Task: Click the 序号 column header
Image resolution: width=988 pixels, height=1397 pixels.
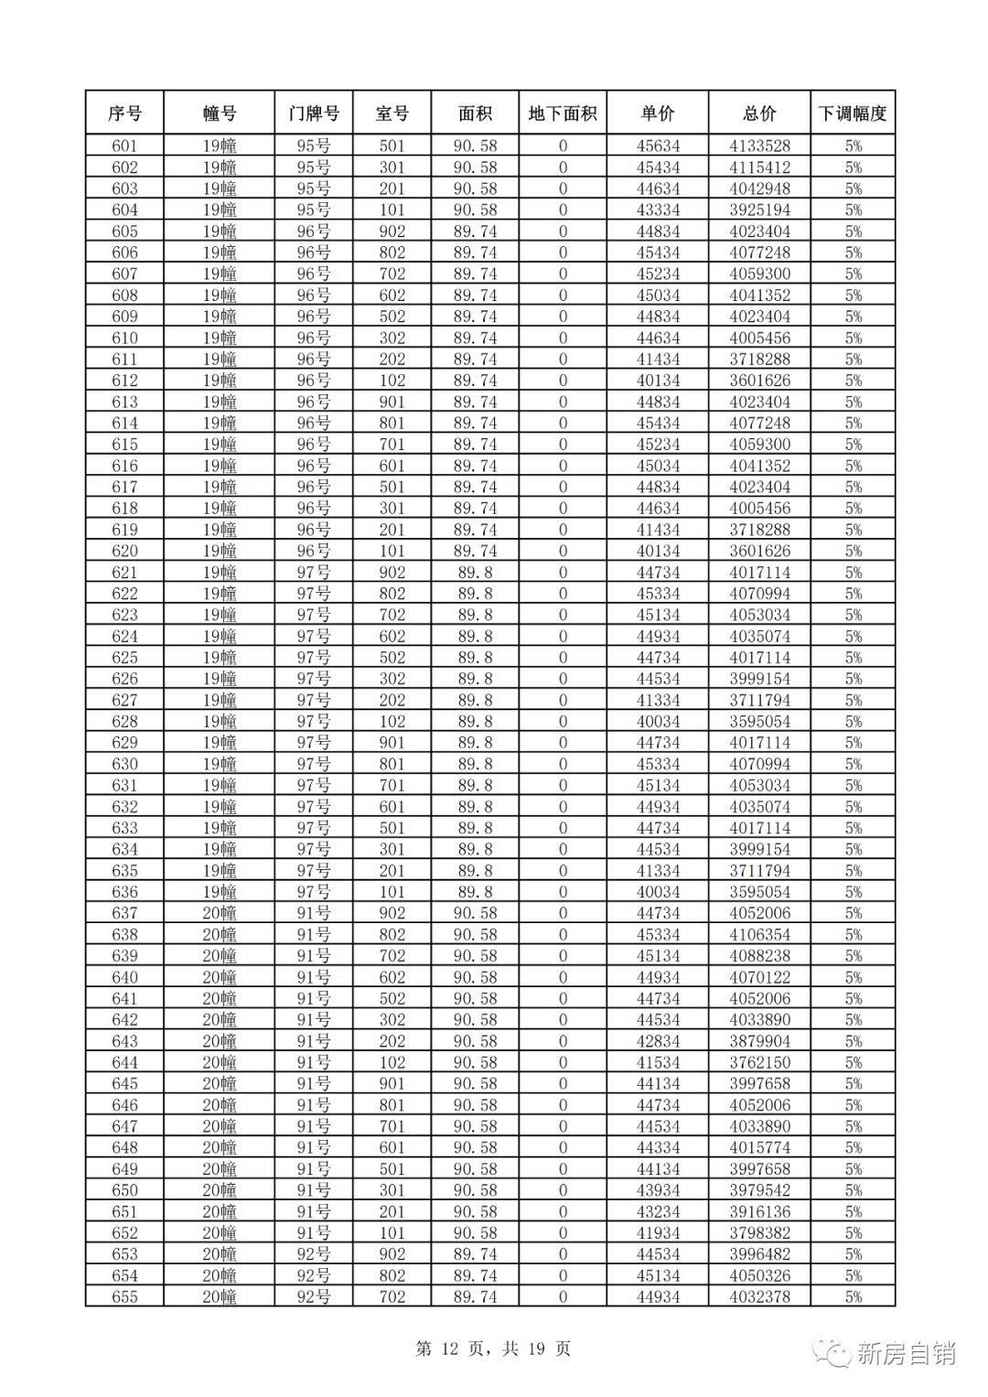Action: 124,113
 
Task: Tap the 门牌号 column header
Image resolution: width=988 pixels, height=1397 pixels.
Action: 313,113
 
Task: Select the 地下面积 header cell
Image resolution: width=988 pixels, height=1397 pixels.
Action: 563,113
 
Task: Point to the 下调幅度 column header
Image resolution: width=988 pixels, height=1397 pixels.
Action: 853,113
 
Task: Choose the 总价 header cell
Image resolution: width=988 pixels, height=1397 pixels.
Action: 759,113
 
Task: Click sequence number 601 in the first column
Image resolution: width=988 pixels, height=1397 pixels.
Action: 124,145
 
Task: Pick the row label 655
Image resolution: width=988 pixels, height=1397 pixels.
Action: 124,1296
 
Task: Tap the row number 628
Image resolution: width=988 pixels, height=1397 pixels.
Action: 124,721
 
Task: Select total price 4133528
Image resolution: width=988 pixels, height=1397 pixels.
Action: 759,145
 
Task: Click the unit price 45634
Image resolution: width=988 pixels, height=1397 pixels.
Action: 658,145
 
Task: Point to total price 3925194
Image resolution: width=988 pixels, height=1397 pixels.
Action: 759,210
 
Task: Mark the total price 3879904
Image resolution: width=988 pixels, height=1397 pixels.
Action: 759,1041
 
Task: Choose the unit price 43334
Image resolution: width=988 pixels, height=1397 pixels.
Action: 658,210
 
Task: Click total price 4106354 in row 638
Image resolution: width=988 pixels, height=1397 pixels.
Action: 759,934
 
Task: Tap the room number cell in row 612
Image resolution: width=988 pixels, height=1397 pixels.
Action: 392,381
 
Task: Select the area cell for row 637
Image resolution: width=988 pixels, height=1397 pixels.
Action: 475,913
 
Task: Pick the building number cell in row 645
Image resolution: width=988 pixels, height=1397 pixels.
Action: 220,1083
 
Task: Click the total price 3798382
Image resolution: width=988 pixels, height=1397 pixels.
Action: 759,1232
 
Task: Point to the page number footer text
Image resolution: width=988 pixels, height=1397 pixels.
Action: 493,1349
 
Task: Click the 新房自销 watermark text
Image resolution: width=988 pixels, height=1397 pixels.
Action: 905,1353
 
